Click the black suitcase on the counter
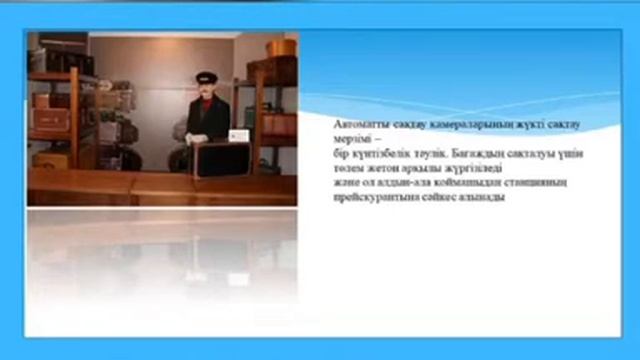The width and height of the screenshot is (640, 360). pyautogui.click(x=226, y=158)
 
